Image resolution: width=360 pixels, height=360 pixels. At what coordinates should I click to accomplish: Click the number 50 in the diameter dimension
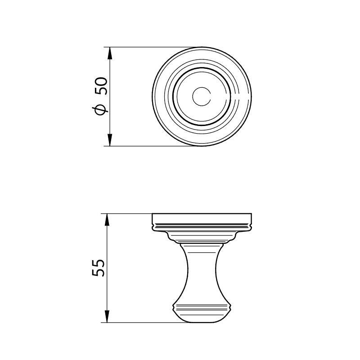tap(101, 86)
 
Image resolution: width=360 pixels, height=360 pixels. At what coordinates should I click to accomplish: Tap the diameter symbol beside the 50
tap(100, 110)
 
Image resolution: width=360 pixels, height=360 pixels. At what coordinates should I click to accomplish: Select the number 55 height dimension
tap(99, 268)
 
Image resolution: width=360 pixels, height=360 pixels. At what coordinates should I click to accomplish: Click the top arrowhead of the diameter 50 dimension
tap(110, 54)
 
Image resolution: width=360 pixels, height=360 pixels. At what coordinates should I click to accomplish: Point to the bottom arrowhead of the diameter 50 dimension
tap(110, 139)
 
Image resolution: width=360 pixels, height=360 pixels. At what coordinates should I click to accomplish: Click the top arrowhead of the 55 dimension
tap(107, 220)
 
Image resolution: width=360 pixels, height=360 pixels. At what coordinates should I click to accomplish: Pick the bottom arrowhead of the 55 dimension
tap(107, 316)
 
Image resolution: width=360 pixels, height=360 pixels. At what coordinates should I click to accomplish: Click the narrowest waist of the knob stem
tap(202, 269)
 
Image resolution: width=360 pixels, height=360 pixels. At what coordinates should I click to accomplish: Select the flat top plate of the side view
tap(202, 218)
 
